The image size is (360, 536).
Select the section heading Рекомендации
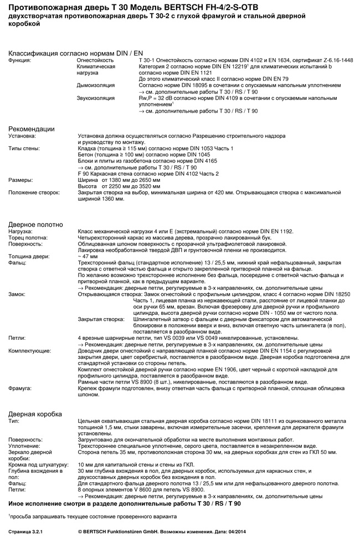[x=32, y=129]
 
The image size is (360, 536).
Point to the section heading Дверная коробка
[x=35, y=414]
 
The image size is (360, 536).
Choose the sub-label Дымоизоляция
[x=95, y=85]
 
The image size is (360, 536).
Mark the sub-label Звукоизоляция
[x=96, y=98]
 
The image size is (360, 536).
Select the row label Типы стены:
[x=24, y=149]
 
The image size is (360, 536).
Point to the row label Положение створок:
[x=34, y=192]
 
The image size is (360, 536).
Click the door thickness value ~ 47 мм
[x=88, y=256]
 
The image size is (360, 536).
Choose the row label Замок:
[x=17, y=294]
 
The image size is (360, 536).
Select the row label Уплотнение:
[x=24, y=446]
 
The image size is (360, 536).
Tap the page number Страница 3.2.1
[x=26, y=530]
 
